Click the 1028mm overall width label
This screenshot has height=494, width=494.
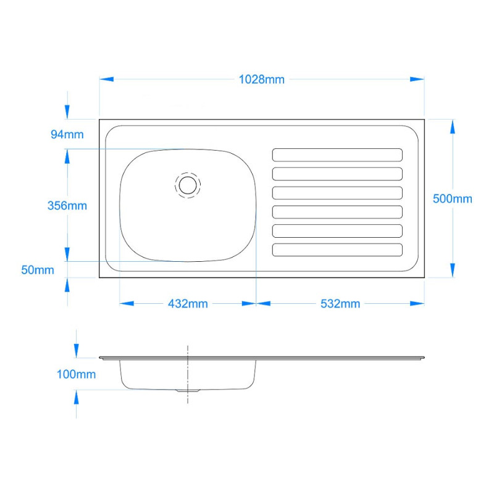261,80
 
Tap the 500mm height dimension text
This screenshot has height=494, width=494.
453,199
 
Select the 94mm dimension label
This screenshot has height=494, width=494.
67,135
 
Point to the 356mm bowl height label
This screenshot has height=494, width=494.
67,206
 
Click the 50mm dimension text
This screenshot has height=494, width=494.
38,270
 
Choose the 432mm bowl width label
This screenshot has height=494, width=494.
188,304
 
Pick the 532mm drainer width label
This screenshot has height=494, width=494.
340,304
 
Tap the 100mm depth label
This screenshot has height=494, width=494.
76,374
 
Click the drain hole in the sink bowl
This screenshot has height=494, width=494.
188,185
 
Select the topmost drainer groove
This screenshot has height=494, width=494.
337,155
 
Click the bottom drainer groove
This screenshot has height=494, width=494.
337,250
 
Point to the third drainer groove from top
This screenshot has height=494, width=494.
337,193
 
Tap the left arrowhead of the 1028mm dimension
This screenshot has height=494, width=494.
106,79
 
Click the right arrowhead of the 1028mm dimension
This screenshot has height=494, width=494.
417,79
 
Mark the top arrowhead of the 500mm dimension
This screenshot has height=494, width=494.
453,127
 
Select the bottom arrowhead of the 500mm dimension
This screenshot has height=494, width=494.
453,270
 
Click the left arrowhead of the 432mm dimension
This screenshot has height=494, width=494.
127,303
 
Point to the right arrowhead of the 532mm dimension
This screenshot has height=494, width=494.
417,303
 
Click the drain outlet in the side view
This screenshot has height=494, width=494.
188,391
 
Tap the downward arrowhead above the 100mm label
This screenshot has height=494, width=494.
76,351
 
